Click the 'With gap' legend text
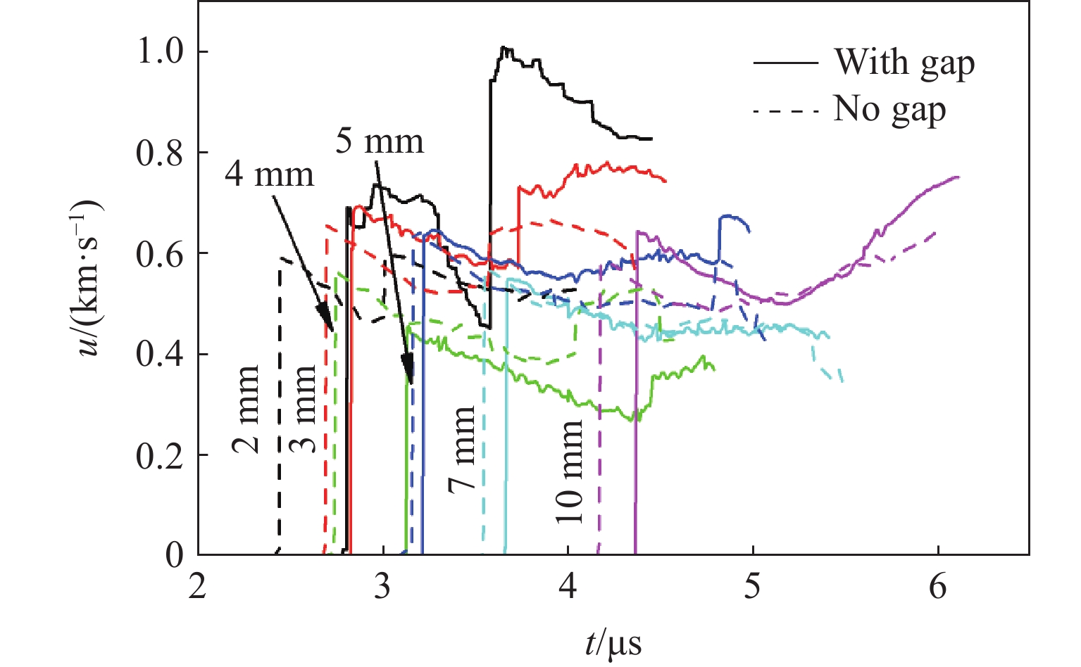coord(904,63)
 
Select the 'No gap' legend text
coord(889,110)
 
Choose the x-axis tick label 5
coord(753,586)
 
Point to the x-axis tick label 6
coord(938,586)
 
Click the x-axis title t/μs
coord(613,642)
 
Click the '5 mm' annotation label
coord(379,141)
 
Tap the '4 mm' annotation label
coord(269,173)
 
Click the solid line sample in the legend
coord(785,63)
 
